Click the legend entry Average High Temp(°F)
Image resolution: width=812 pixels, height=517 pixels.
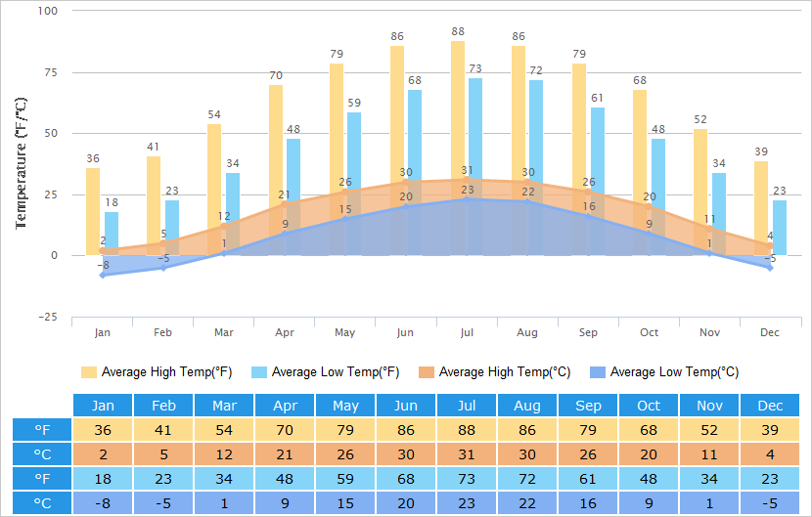click(157, 372)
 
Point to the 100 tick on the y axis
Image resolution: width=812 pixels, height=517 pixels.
click(48, 11)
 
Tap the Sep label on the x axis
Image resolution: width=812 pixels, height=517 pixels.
click(588, 333)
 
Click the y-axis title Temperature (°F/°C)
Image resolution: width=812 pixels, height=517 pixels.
click(21, 162)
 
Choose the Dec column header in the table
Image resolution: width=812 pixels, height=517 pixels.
click(770, 406)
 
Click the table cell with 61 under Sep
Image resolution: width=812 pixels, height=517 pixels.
click(587, 479)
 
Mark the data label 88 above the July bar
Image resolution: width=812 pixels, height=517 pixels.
click(458, 32)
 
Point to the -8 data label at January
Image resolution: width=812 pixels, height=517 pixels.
click(103, 265)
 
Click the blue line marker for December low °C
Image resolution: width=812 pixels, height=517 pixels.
click(771, 267)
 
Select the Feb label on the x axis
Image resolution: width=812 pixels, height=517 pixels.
click(162, 333)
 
